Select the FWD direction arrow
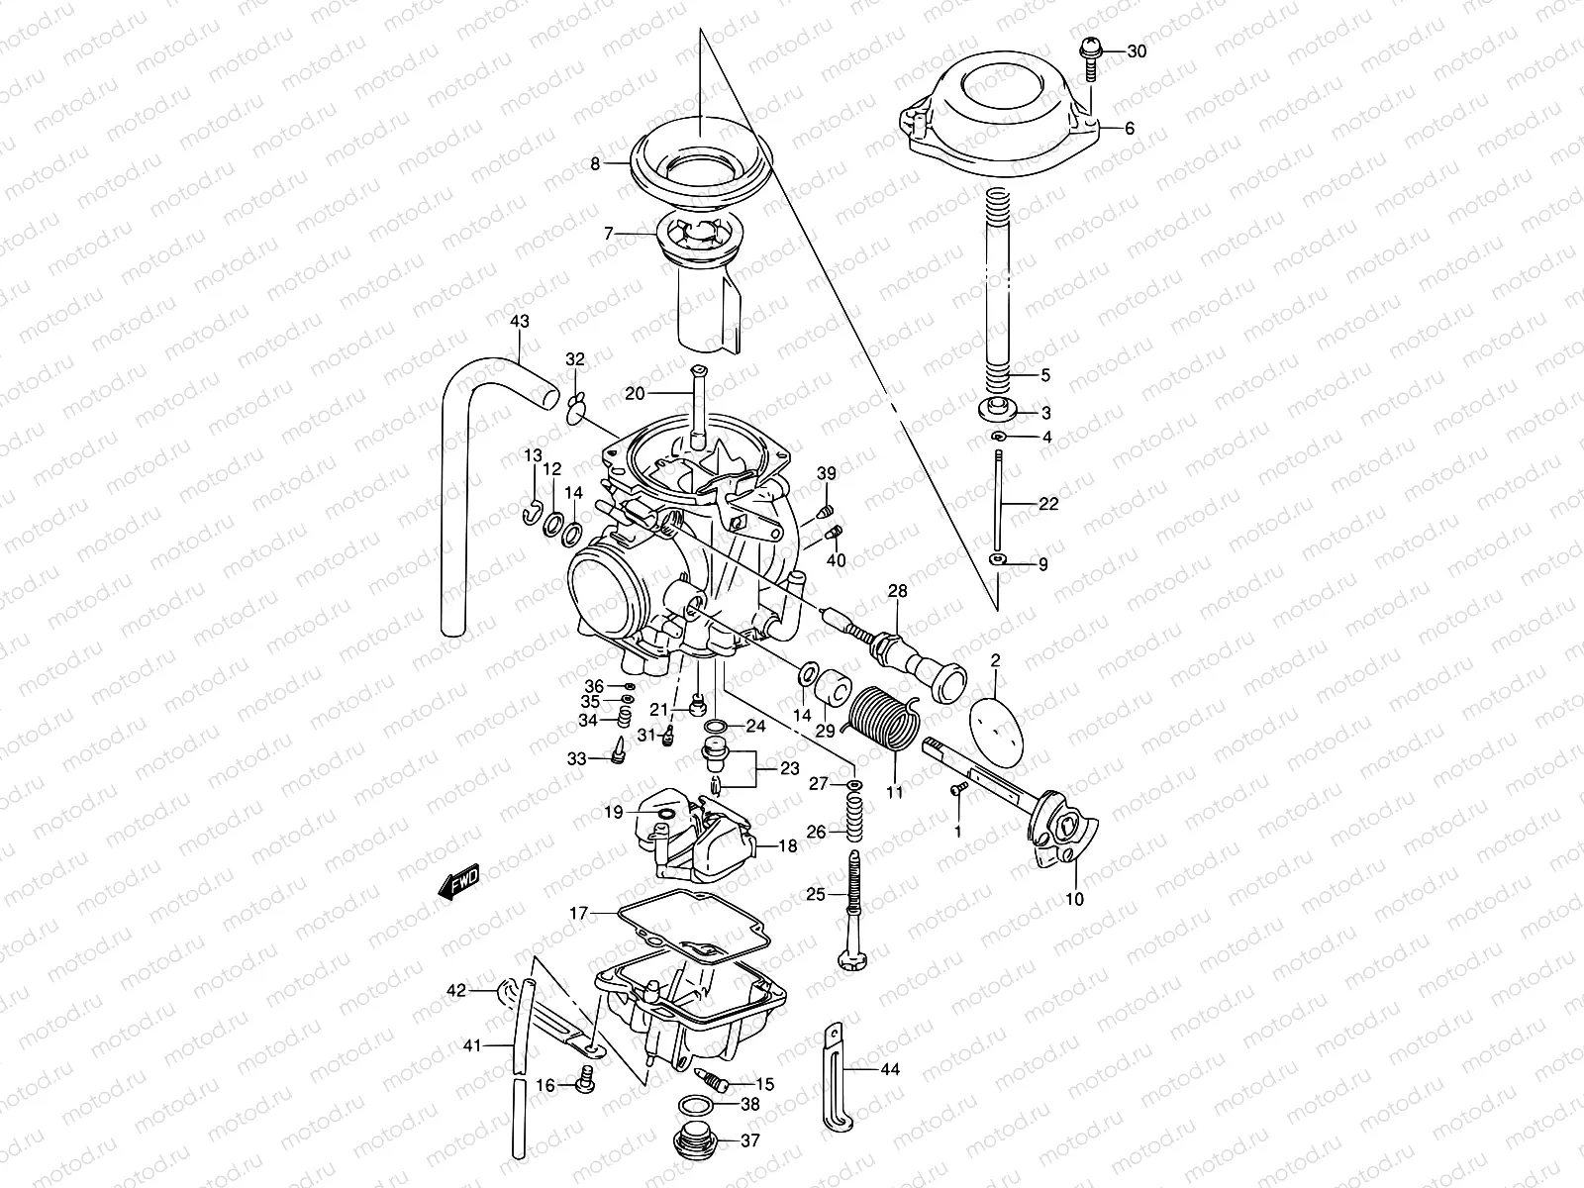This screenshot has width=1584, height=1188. [x=459, y=880]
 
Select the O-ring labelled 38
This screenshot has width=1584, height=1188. [x=698, y=1105]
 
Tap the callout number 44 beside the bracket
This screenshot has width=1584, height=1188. [x=889, y=1069]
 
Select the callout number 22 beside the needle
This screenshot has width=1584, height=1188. [x=1049, y=504]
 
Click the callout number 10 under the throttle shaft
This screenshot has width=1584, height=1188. [x=1074, y=900]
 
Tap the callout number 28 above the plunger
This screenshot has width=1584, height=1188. [x=897, y=592]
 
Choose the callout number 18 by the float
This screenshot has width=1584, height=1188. [x=787, y=846]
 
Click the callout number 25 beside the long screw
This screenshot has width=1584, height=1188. [x=816, y=895]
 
